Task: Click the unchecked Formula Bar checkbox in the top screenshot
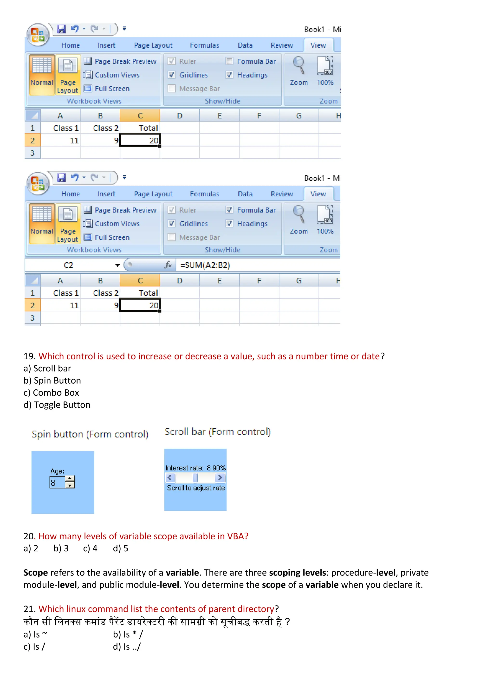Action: (229, 61)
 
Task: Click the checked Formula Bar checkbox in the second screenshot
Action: (229, 210)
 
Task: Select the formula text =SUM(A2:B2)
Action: (205, 265)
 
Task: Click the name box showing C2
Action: (69, 265)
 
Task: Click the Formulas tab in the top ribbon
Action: (204, 45)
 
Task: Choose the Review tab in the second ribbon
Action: (282, 194)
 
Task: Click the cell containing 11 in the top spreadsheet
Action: (61, 141)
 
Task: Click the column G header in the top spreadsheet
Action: (299, 116)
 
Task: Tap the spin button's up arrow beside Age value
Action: (70, 479)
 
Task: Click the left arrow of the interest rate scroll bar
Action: (170, 478)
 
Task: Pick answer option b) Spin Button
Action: (52, 381)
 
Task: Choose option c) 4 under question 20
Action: (90, 549)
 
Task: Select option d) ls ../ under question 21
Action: (127, 647)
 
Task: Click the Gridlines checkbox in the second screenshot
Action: (172, 224)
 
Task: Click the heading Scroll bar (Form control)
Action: (217, 432)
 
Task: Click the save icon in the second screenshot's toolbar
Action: (61, 178)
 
